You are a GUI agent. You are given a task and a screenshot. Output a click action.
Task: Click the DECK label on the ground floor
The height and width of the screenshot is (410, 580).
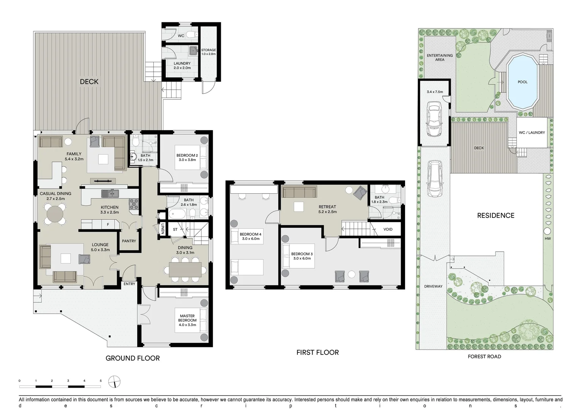(89, 82)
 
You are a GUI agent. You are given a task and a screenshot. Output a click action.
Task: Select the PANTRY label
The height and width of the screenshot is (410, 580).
(129, 241)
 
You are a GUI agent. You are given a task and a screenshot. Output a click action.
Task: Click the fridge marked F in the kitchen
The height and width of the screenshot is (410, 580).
(108, 225)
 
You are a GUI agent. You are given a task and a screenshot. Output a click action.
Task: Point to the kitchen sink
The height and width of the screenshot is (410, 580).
(110, 194)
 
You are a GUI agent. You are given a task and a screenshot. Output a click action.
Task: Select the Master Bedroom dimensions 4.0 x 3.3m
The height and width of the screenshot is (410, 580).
(187, 325)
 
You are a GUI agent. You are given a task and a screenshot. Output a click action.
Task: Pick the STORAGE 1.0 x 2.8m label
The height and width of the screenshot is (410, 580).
(208, 52)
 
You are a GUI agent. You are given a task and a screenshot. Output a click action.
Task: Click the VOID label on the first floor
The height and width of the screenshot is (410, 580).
(388, 229)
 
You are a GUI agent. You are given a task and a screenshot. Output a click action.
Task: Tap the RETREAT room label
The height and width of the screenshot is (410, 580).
(327, 207)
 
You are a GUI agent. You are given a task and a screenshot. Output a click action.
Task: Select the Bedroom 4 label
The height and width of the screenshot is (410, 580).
(251, 234)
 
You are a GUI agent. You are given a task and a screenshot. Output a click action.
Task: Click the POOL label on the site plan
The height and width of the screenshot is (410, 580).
(522, 82)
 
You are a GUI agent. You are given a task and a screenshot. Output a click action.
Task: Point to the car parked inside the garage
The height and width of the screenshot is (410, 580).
(434, 118)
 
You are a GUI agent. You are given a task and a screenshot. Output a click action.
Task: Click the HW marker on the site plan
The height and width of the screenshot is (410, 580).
(547, 239)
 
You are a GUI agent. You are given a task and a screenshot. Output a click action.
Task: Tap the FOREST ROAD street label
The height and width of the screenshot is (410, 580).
(484, 356)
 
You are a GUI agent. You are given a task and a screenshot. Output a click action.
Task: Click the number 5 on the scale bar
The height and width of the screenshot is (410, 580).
(101, 380)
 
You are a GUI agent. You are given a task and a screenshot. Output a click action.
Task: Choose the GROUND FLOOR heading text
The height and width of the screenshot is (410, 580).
(132, 358)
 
